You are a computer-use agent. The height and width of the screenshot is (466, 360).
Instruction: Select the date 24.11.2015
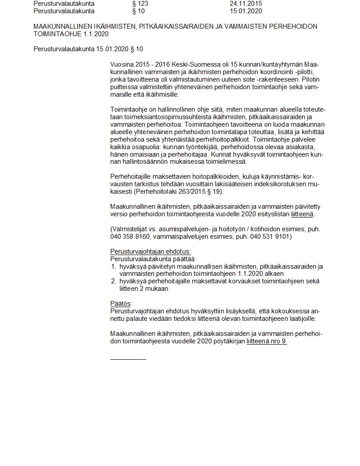coord(246,4)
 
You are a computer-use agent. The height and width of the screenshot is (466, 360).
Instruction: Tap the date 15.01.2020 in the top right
coord(246,11)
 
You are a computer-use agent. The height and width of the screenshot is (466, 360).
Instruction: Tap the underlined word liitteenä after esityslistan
coord(302,214)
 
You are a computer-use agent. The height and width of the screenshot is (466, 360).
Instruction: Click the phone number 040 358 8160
coord(130,237)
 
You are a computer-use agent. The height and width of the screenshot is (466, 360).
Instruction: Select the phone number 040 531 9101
coord(270,237)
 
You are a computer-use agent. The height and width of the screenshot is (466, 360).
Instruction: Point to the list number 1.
coord(113,267)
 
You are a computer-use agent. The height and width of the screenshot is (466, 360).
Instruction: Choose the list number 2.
coord(113,281)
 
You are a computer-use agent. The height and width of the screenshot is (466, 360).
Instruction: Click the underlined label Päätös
coord(120,304)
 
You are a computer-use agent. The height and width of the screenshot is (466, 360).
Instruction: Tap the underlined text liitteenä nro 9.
coord(267,341)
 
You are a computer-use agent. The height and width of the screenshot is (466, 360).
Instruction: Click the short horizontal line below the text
coord(128,359)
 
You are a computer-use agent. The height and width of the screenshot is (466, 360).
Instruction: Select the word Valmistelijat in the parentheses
coord(131,229)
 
